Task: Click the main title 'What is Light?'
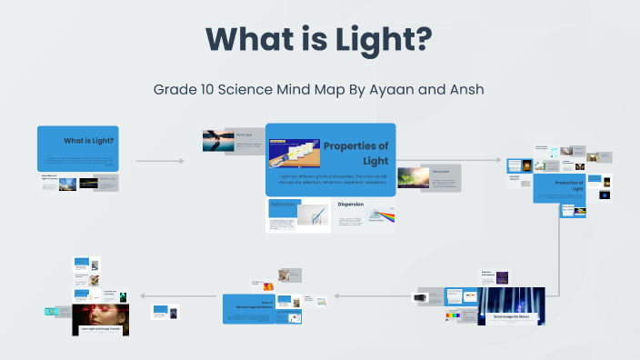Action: tap(318, 41)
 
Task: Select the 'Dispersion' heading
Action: tap(351, 205)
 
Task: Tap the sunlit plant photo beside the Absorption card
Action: tap(413, 176)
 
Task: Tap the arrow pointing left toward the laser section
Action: tap(159, 295)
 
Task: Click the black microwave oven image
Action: tap(421, 296)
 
